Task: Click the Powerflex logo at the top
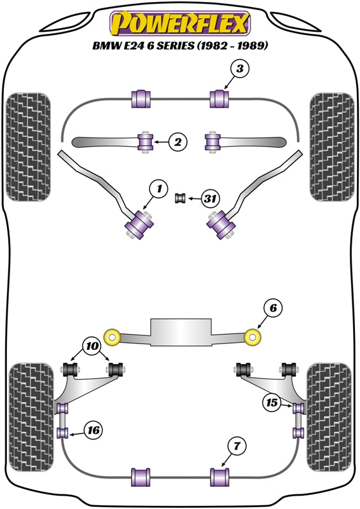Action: coord(180,24)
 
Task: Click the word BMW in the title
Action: coord(107,46)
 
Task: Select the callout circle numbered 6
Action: coord(272,309)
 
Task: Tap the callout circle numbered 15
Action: coord(272,402)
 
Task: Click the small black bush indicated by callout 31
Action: coord(180,199)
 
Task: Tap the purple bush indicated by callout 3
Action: coord(219,99)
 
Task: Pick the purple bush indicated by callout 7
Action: coord(219,476)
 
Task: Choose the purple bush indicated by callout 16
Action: coord(63,433)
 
